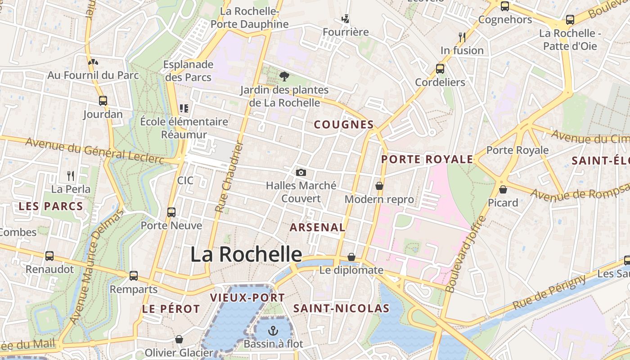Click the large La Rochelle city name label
pos(246,254)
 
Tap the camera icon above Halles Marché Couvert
pos(301,172)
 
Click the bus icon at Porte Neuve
pos(171,212)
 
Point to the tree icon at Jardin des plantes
pos(284,76)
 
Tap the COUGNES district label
pos(344,125)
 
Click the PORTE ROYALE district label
pos(427,159)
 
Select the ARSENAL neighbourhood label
pos(317,228)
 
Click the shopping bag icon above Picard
pos(503,189)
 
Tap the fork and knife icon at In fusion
pos(462,36)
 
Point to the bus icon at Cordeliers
pos(440,69)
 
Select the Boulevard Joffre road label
pos(465,254)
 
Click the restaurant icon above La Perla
pos(71,175)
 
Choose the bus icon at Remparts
pos(134,275)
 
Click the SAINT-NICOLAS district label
pos(341,309)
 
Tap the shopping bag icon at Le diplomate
pos(351,257)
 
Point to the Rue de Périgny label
pos(549,292)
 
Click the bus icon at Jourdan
pos(103,100)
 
